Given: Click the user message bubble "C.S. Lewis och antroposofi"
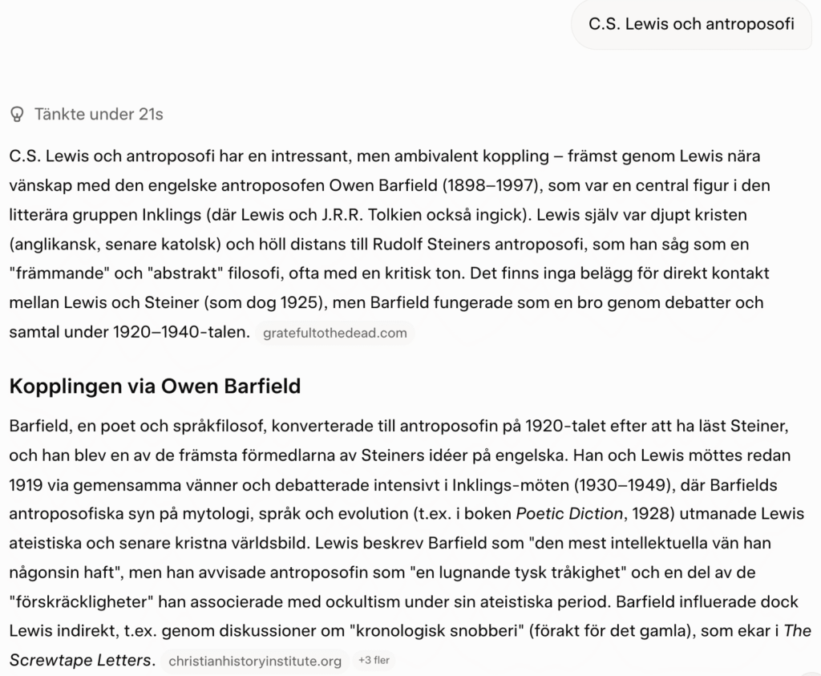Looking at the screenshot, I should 691,24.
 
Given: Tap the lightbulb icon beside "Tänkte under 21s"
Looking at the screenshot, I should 17,115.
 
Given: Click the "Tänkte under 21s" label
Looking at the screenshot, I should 99,115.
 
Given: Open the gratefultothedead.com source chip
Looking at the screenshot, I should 335,333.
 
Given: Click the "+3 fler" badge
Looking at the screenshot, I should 374,661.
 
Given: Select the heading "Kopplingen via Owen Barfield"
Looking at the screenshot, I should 155,387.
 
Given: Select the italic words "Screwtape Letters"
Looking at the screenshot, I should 80,661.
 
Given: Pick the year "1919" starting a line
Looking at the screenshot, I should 26,484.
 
